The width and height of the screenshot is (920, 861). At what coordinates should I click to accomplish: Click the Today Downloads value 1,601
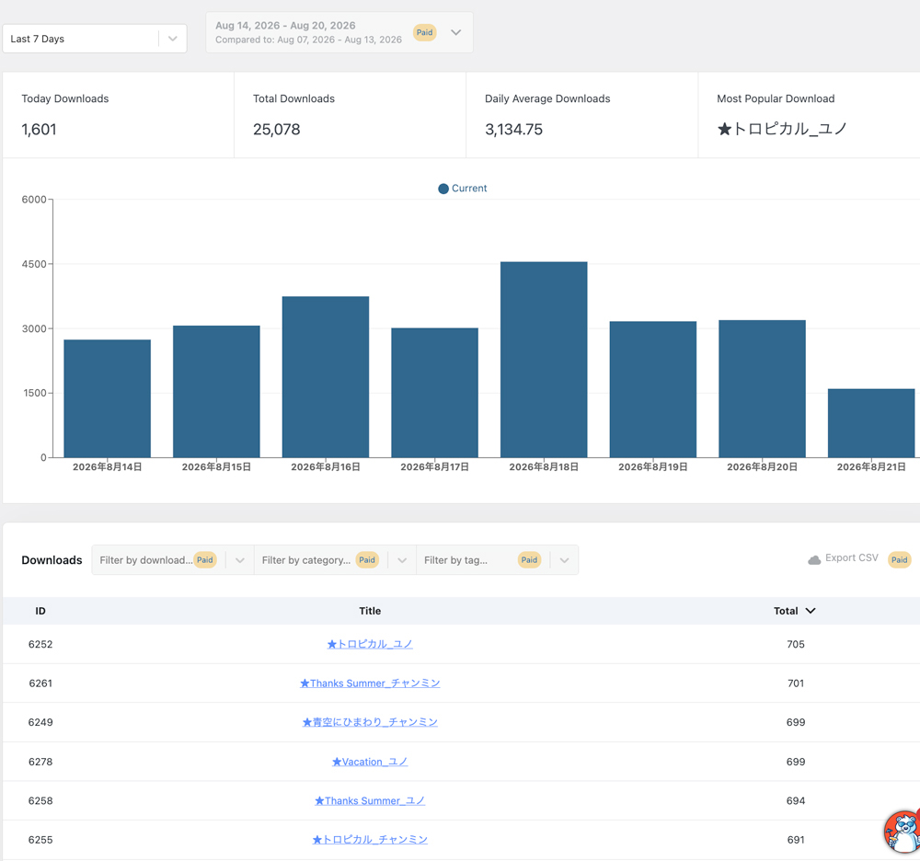(39, 129)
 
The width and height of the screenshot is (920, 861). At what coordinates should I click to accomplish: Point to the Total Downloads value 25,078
(276, 129)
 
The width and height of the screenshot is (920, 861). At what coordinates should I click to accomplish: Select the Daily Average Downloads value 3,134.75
(513, 129)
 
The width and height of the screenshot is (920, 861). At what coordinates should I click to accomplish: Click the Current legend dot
(443, 189)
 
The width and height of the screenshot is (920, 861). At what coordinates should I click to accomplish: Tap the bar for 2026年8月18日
(544, 360)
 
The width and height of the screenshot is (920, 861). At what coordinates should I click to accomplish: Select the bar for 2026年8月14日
(108, 398)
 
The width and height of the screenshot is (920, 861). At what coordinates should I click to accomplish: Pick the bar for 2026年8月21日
(871, 423)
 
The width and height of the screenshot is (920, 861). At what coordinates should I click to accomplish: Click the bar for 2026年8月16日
(326, 376)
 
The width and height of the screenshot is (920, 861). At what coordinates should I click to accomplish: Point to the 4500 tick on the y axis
(34, 264)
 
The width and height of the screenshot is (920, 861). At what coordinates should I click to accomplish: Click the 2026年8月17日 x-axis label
(435, 467)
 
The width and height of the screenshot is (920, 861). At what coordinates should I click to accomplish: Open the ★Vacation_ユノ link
(370, 762)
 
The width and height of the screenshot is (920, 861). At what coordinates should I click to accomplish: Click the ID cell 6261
(40, 683)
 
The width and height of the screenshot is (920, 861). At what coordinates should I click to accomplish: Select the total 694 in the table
(796, 800)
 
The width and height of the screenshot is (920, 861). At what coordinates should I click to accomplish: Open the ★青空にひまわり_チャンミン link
(370, 722)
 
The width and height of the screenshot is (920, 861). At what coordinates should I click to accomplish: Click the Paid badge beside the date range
(425, 32)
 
